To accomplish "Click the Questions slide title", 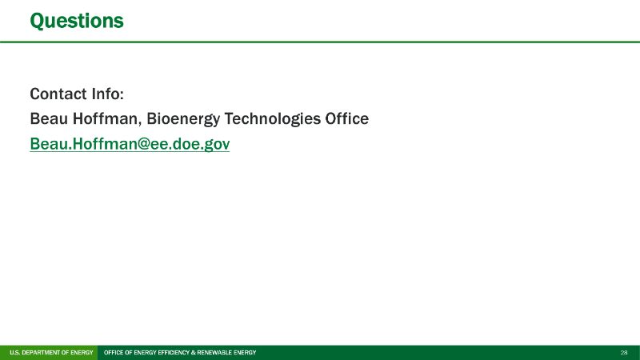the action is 77,22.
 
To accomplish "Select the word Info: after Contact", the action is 108,94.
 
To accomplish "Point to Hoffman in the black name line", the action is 107,119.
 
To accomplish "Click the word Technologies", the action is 273,119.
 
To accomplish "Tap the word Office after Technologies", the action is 347,118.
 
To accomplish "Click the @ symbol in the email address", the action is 139,145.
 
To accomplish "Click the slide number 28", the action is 624,353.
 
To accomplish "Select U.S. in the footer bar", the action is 14,353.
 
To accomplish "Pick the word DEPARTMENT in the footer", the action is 42,353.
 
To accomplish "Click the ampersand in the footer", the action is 194,353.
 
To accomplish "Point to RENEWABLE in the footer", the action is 214,353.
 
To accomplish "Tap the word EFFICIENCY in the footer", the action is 174,353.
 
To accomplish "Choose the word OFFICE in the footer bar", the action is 114,353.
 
